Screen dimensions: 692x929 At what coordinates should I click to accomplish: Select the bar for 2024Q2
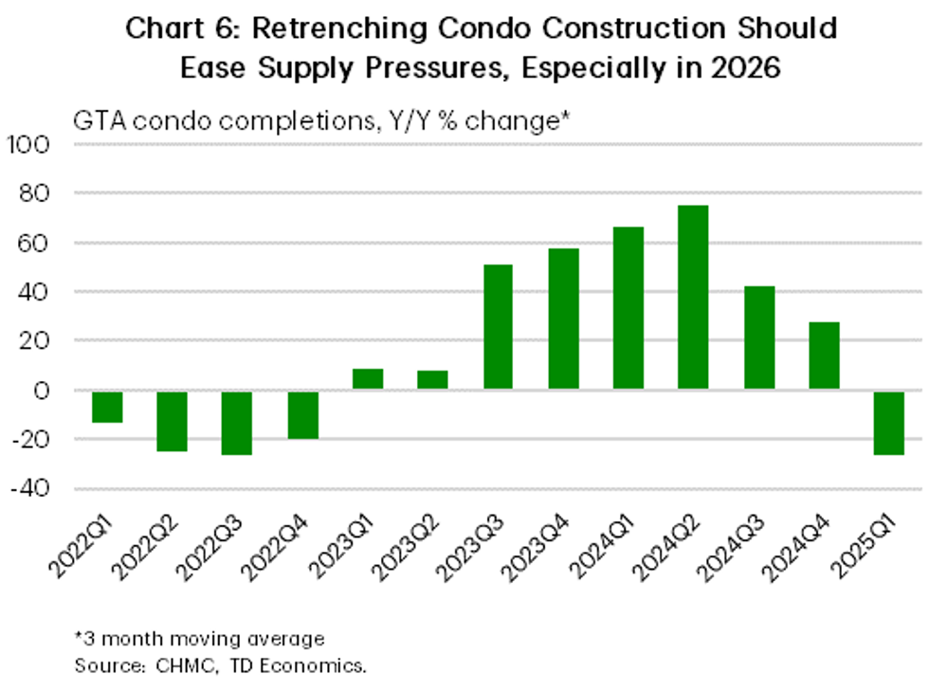tap(693, 297)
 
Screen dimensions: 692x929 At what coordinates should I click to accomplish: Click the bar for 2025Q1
tap(888, 422)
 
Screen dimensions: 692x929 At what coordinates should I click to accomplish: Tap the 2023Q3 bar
tap(498, 327)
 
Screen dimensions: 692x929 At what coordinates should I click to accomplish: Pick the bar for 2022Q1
tap(107, 406)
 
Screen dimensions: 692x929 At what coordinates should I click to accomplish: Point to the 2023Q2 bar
tap(432, 379)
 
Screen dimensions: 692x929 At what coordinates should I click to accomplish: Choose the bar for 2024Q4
tap(824, 355)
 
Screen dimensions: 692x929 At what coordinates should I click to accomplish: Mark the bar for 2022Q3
tap(237, 422)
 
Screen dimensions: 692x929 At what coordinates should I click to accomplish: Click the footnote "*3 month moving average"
tap(199, 638)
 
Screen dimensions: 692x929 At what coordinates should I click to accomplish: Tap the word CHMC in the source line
tap(176, 665)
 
